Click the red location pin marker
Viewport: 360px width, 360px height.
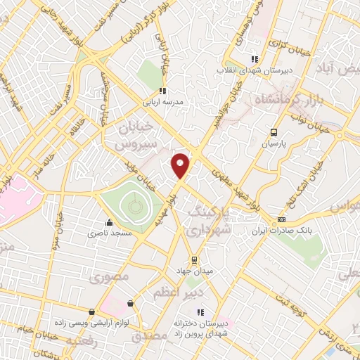coord(181,165)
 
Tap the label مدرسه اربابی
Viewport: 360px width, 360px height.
coord(163,101)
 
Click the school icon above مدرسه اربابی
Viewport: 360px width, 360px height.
coord(162,90)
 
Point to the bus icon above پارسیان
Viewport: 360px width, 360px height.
coord(274,131)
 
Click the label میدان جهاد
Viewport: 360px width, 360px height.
coord(195,270)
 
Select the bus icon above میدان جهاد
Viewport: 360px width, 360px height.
coord(195,259)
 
